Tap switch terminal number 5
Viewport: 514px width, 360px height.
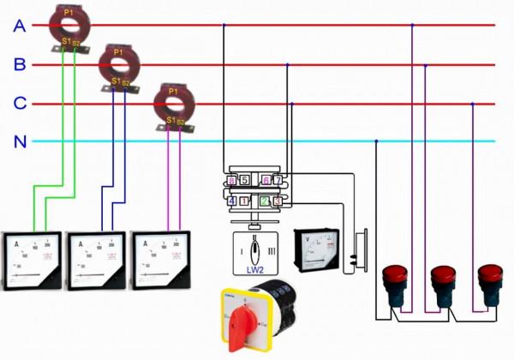pyautogui.click(x=244, y=181)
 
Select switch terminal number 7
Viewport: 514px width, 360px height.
pyautogui.click(x=278, y=180)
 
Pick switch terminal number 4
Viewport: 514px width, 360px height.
pyautogui.click(x=232, y=201)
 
